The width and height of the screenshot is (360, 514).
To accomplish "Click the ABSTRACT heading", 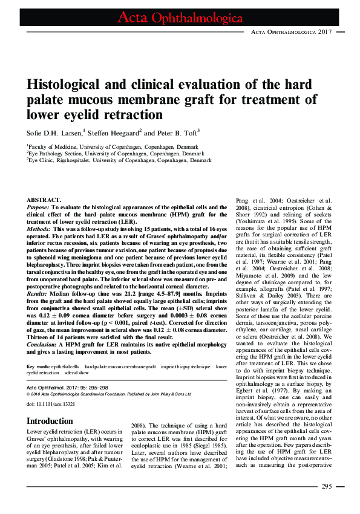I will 44,200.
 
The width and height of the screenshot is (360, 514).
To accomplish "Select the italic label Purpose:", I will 41,207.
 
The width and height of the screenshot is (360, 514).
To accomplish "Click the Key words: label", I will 38,367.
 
